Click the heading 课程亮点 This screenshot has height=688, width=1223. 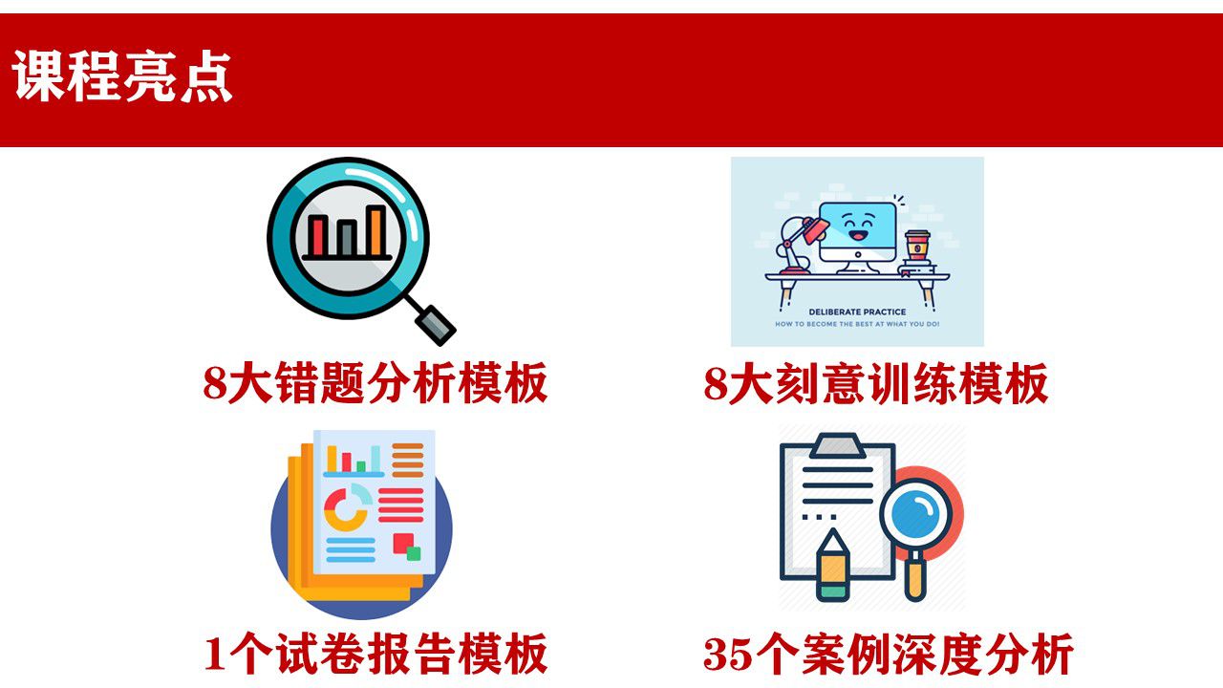coord(122,75)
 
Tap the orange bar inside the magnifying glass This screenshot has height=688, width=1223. coord(376,230)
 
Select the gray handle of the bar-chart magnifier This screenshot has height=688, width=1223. coord(435,326)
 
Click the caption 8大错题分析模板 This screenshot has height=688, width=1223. coord(375,383)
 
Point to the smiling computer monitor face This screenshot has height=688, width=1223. coord(858,229)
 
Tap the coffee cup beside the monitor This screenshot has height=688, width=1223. coord(917,247)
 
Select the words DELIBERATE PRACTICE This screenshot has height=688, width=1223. coord(857,312)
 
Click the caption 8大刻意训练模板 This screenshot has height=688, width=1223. coord(876,383)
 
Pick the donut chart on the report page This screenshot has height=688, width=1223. coord(347,507)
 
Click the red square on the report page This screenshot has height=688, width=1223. coord(403,544)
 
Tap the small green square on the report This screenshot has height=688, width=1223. coord(414,553)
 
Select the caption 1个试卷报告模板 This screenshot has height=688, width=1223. coord(375,654)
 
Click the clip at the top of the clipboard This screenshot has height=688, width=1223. coord(837,446)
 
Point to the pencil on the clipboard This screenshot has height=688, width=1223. coord(832,565)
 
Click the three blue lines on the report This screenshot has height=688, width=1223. coord(351,549)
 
